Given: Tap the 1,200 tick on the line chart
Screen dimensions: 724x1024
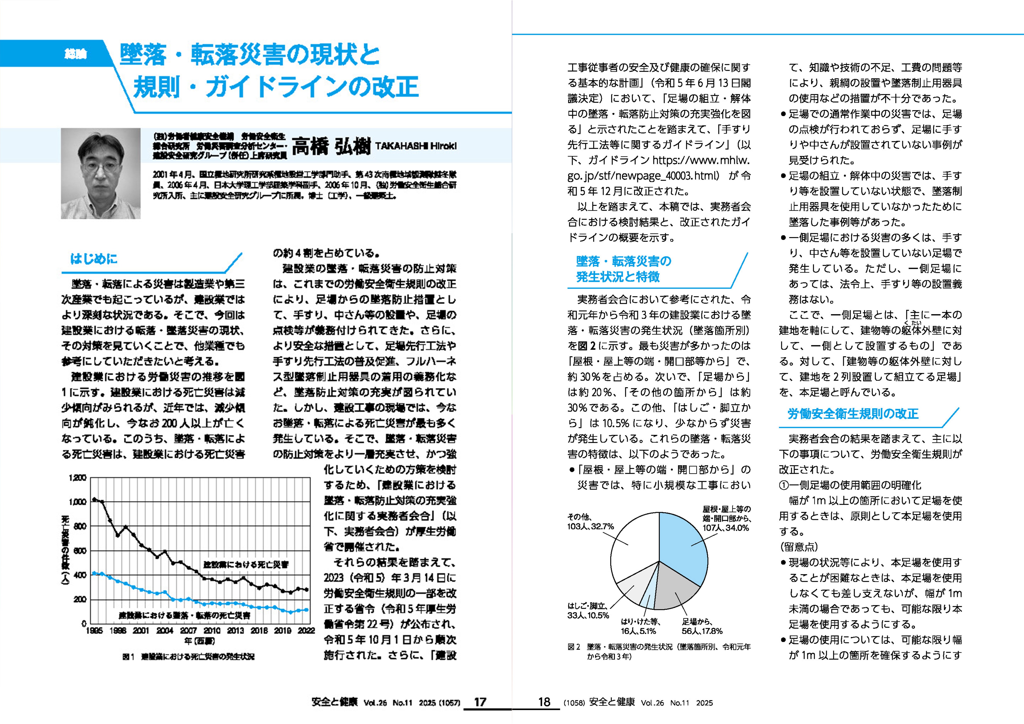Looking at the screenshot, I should point(78,477).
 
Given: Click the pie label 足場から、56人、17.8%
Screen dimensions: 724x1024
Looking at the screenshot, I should point(702,626).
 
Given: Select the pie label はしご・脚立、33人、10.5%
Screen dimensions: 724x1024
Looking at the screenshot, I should point(588,611).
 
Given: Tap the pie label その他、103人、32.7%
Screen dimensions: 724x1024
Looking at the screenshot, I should point(590,522).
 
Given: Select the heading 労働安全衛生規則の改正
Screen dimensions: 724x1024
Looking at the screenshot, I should point(853,414).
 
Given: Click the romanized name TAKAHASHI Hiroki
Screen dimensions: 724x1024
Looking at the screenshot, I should point(416,146).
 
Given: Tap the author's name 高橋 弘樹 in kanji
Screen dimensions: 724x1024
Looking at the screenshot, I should point(331,146).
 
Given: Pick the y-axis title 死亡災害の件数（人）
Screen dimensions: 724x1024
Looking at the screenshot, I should point(65,551).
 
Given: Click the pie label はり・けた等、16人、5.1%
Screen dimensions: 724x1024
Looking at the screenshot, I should point(640,626).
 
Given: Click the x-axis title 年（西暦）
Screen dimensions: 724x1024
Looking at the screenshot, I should point(199,641).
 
